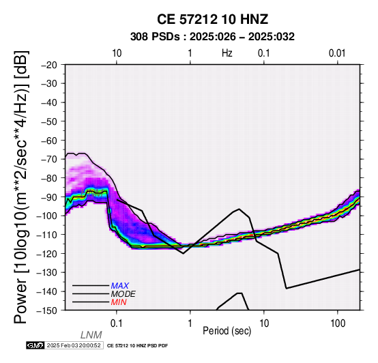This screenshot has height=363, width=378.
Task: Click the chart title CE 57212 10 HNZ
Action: (x=212, y=19)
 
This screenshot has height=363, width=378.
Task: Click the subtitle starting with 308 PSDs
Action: (x=212, y=37)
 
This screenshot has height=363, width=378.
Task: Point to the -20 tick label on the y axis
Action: (x=49, y=65)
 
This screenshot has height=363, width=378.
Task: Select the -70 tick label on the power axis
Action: (x=49, y=160)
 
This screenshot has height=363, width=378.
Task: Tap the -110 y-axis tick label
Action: (x=47, y=235)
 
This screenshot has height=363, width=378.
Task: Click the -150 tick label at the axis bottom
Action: (x=47, y=310)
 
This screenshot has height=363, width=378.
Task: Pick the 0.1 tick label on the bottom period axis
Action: (x=117, y=323)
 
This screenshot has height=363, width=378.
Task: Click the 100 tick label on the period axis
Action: (x=338, y=323)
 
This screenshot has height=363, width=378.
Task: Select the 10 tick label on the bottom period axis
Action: (x=264, y=323)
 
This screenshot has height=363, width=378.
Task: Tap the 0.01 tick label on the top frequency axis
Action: (x=337, y=53)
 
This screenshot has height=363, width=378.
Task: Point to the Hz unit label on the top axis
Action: (x=227, y=53)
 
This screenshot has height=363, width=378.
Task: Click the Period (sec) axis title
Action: (x=227, y=331)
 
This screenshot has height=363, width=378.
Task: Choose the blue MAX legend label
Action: (x=120, y=286)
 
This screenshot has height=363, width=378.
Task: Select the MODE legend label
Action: (x=123, y=294)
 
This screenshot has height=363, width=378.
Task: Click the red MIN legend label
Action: (x=119, y=302)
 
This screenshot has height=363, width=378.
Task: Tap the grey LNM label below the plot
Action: (x=91, y=335)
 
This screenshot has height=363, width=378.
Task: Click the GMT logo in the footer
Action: (x=35, y=345)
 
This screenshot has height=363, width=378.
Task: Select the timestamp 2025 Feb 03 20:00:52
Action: (x=74, y=345)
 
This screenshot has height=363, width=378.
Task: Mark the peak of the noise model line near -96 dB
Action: (x=239, y=209)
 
